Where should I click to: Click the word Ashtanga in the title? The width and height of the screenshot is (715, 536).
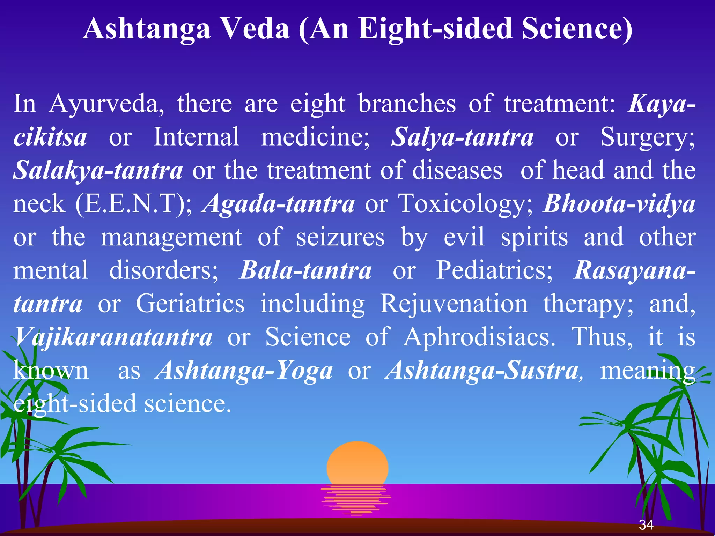pos(147,29)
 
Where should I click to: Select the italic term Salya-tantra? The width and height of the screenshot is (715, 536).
pos(462,137)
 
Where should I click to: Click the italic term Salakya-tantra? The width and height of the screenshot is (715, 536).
pos(98,170)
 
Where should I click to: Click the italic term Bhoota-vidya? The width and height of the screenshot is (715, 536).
pos(619,204)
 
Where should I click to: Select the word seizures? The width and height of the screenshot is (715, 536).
pos(340,237)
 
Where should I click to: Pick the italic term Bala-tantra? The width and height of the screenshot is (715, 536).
pos(305,270)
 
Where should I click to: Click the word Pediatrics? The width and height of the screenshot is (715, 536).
pos(494,270)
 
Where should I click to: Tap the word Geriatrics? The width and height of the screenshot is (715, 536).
pos(190,304)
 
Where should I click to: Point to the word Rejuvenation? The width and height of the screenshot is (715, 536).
pos(454,304)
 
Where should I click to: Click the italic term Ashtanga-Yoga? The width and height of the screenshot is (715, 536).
pos(244,370)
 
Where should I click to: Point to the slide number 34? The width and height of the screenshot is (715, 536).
pos(646,524)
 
